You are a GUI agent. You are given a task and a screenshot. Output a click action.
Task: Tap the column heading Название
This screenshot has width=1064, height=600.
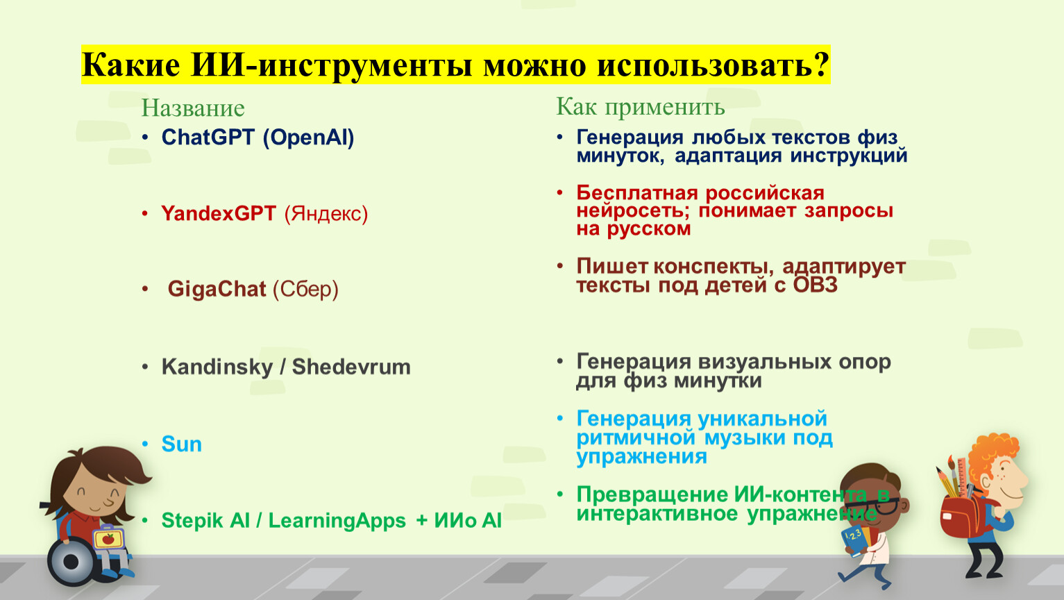[x=193, y=108]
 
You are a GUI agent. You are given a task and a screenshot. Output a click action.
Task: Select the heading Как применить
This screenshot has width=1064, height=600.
[x=641, y=106]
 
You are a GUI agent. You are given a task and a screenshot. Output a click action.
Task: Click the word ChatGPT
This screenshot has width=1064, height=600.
[x=208, y=137]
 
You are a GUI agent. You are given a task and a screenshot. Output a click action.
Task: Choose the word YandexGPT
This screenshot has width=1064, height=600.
[x=219, y=213]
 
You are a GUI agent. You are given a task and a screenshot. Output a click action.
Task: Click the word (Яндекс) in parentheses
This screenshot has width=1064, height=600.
[x=326, y=214]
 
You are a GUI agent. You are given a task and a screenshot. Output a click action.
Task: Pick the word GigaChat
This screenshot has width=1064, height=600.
[x=217, y=289]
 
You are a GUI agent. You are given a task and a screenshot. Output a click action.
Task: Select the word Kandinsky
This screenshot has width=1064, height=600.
[x=217, y=367]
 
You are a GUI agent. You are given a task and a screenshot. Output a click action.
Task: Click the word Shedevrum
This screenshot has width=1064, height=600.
[x=351, y=367]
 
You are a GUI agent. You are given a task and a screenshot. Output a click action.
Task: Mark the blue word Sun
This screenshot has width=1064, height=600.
[x=181, y=444]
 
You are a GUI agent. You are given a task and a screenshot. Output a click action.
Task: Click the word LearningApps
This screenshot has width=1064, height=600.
[x=337, y=521]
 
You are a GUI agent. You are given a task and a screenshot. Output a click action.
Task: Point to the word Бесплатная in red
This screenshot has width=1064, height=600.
[x=641, y=193]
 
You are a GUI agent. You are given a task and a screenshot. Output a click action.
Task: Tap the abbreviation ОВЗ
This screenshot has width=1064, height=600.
[x=815, y=285]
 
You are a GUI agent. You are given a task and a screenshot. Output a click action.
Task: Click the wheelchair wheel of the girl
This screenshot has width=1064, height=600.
[x=71, y=562]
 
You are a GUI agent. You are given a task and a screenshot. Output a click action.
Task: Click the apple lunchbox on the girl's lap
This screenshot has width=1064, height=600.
[x=108, y=538]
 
